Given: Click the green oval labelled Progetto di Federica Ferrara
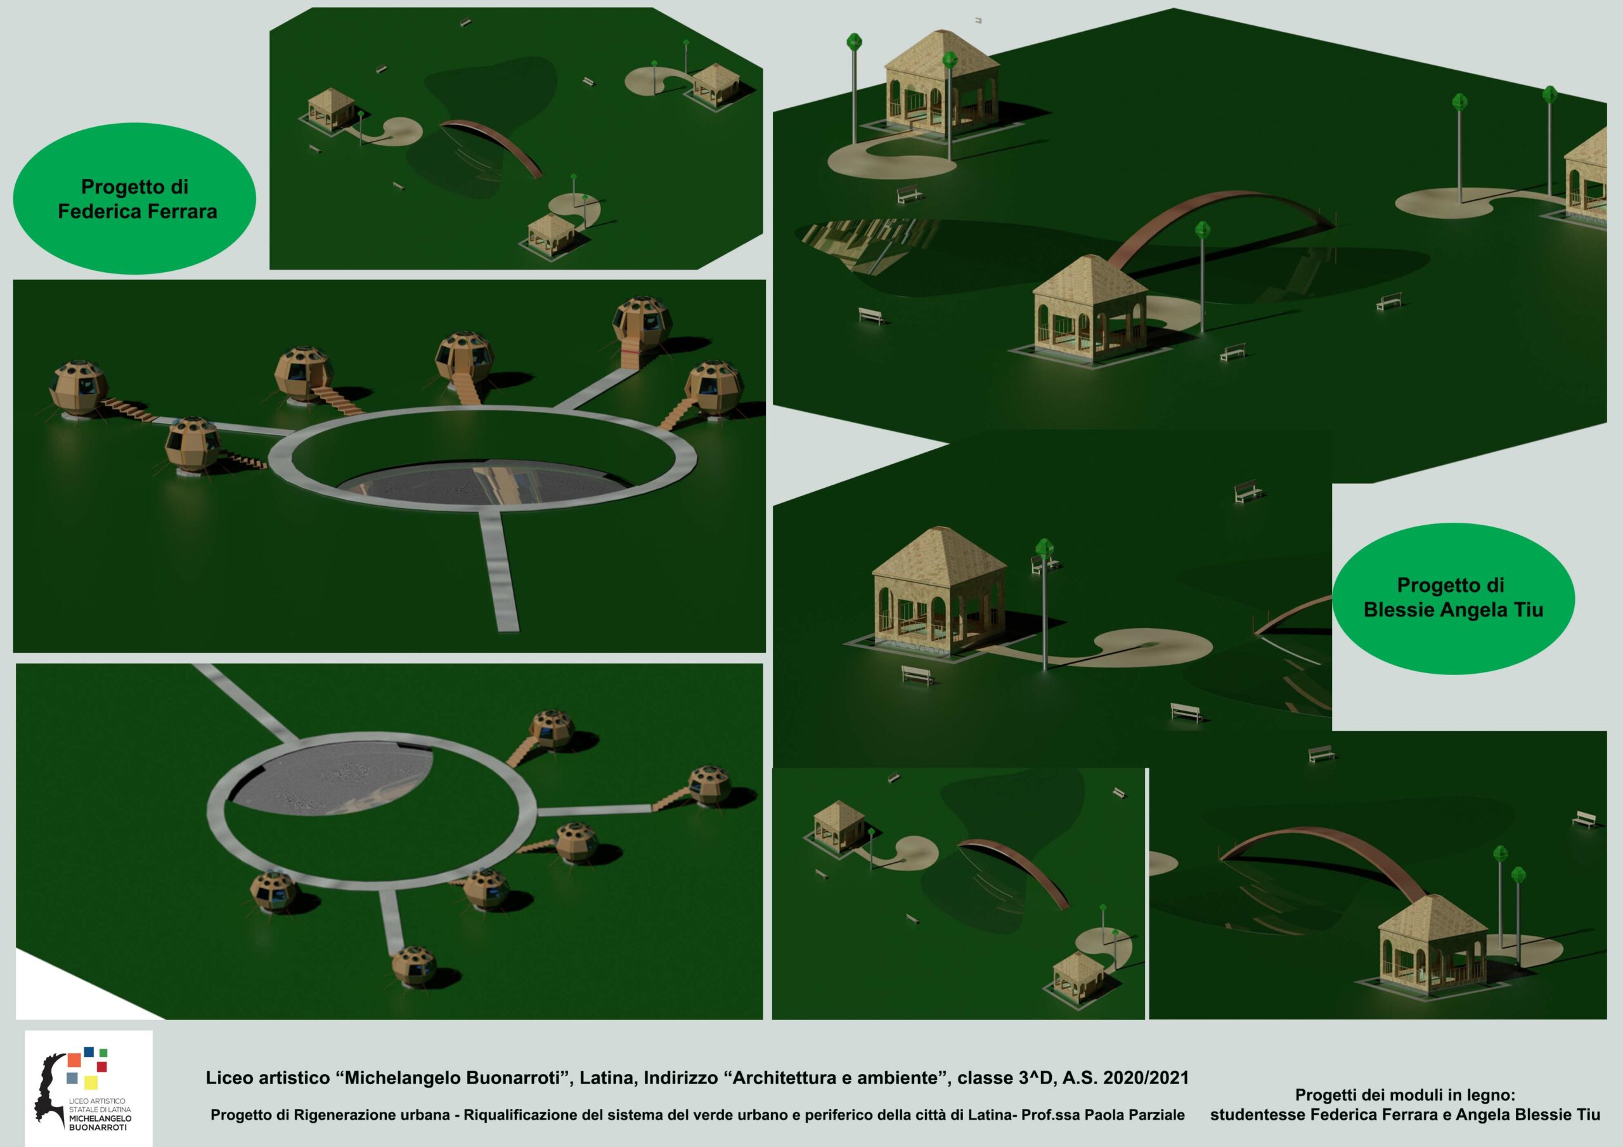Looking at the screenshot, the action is click(x=134, y=199).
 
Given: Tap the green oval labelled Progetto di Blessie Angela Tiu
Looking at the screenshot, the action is click(x=1453, y=598).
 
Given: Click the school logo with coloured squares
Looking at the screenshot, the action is click(x=88, y=1088).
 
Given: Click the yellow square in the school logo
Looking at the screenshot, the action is click(x=91, y=1082).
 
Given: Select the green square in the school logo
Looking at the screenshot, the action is click(x=103, y=1052).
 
